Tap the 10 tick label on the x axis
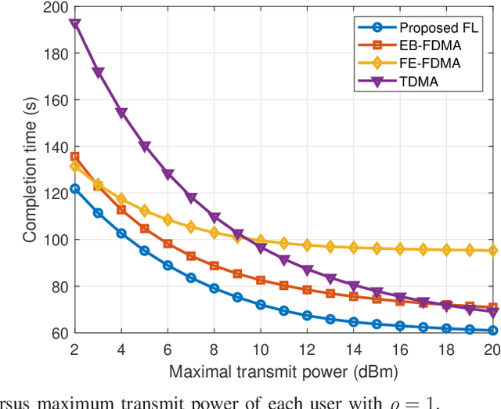tap(261, 348)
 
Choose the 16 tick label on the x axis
tap(400, 348)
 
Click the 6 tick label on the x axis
tap(168, 348)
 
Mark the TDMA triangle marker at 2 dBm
tap(75, 24)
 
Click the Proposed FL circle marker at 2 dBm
tap(75, 189)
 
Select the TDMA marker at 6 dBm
tap(168, 175)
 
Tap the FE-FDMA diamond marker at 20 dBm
tap(492, 251)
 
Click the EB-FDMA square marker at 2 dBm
tap(75, 157)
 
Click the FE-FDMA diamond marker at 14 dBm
tap(353, 248)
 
